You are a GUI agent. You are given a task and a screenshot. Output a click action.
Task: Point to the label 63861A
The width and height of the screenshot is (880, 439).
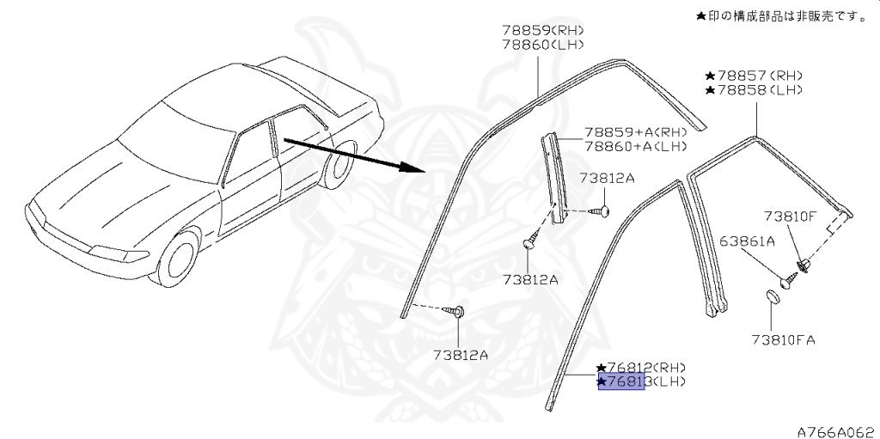pyautogui.click(x=748, y=241)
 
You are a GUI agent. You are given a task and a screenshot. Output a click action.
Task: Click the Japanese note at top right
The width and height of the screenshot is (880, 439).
pyautogui.click(x=780, y=15)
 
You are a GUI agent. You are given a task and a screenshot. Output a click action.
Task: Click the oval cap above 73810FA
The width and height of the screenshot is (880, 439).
pyautogui.click(x=771, y=296)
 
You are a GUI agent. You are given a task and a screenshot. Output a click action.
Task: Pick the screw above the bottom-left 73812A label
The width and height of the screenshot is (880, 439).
pyautogui.click(x=460, y=312)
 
